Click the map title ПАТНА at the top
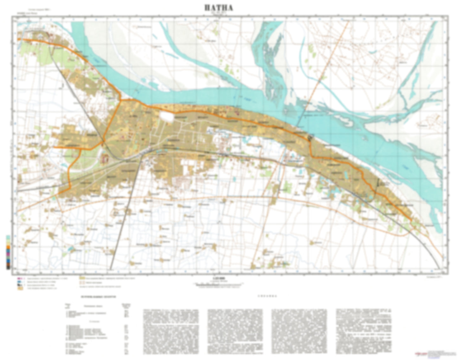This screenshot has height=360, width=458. tap(218, 8)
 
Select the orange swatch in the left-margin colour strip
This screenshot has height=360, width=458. tap(8, 247)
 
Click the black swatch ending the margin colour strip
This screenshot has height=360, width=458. tap(8, 268)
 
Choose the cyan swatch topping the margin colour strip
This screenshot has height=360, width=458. tap(8, 237)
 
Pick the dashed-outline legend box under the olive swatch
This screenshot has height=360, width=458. tap(81, 282)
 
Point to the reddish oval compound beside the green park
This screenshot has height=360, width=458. tap(104, 158)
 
